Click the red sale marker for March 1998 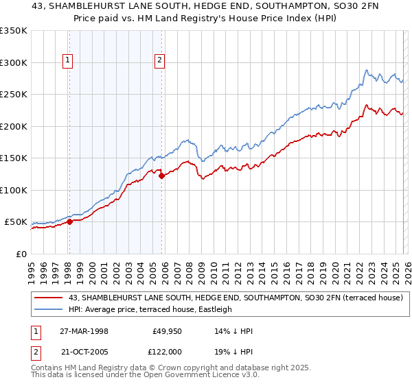(x=70, y=221)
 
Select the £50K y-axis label (x=16, y=222)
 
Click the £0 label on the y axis (x=21, y=254)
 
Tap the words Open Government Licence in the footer (x=196, y=376)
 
